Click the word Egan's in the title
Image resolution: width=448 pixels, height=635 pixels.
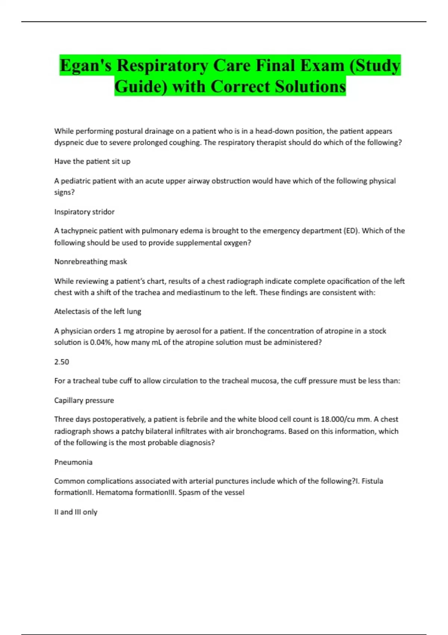click(x=85, y=66)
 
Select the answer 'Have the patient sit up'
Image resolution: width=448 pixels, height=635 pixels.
click(x=92, y=161)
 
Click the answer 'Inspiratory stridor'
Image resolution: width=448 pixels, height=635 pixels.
click(x=84, y=212)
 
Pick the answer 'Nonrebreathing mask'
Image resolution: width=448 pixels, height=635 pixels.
click(x=91, y=261)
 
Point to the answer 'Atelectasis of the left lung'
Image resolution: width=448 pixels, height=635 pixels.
click(x=98, y=311)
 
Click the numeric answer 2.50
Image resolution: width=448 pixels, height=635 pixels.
click(x=62, y=362)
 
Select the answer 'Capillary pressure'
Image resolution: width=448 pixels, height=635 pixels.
click(x=84, y=400)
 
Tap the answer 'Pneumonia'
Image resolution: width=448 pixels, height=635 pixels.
click(x=73, y=462)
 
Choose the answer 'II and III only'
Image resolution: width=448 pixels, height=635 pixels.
click(x=76, y=512)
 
